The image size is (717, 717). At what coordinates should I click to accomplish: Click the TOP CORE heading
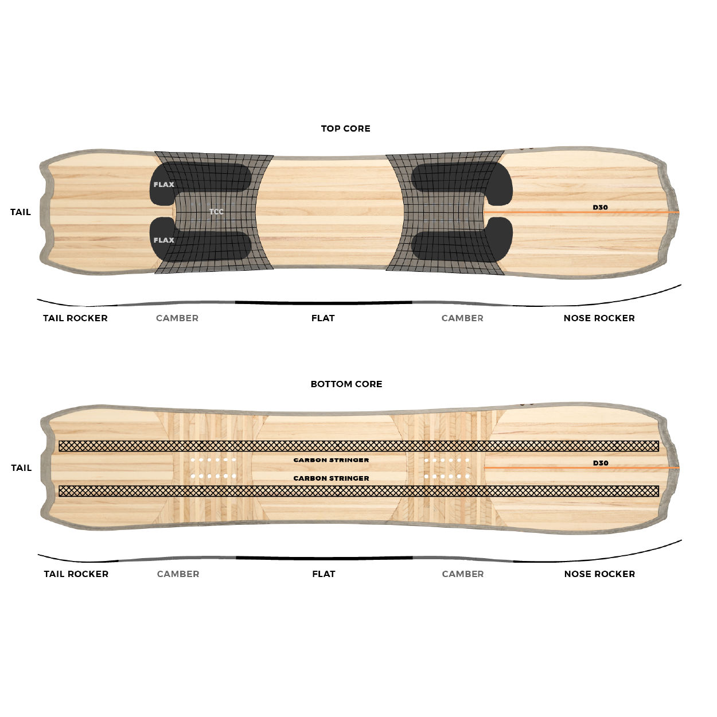(346, 128)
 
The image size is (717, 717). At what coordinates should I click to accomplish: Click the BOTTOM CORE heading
(346, 384)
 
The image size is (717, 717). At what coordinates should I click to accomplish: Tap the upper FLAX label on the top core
(163, 185)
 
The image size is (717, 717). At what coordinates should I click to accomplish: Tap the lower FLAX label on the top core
(163, 240)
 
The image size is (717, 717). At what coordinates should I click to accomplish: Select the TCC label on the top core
(216, 212)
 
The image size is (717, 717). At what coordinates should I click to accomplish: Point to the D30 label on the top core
(600, 207)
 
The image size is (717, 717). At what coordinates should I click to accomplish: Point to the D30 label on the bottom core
(601, 463)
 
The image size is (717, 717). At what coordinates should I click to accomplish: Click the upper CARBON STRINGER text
(331, 460)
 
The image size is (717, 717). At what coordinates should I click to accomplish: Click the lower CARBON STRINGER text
(331, 478)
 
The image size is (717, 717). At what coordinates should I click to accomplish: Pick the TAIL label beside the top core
(21, 212)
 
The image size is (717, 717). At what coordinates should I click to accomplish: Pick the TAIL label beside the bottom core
(21, 467)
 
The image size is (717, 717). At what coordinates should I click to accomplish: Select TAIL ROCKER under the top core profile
(75, 318)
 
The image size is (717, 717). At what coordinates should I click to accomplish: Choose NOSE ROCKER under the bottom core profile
(599, 574)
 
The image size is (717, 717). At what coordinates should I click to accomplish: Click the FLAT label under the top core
(323, 318)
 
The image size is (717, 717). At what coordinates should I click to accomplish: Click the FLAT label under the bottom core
(324, 574)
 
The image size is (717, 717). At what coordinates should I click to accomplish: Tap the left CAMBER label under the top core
(177, 318)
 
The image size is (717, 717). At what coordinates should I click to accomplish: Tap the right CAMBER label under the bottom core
(463, 574)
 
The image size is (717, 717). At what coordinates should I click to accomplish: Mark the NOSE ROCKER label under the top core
(599, 318)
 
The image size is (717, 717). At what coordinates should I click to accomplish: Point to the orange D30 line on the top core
(582, 212)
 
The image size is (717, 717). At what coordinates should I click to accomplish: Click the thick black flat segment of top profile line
(324, 303)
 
